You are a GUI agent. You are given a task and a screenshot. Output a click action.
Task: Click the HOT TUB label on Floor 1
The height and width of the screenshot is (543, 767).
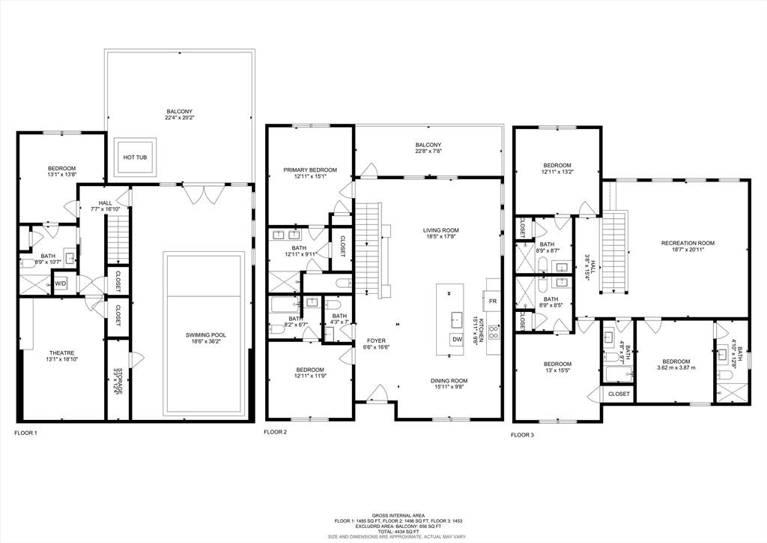pyautogui.click(x=135, y=157)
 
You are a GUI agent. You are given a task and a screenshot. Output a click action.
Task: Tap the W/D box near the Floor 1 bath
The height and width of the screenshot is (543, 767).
pyautogui.click(x=61, y=284)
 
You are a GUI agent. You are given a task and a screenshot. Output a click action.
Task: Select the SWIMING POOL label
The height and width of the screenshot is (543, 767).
pyautogui.click(x=206, y=335)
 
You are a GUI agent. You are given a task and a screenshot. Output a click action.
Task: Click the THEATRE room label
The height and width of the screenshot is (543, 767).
pyautogui.click(x=61, y=352)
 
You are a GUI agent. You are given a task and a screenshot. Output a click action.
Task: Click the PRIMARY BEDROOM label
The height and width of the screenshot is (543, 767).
pyautogui.click(x=310, y=170)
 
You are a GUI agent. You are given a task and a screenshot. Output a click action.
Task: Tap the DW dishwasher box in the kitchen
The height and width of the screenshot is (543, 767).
pyautogui.click(x=456, y=340)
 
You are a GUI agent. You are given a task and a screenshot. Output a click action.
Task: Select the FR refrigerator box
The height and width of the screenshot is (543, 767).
pyautogui.click(x=493, y=301)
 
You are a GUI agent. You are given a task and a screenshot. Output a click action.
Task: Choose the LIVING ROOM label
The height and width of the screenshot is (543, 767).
pyautogui.click(x=440, y=230)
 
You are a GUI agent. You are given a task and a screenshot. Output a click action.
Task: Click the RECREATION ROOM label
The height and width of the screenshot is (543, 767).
pyautogui.click(x=688, y=242)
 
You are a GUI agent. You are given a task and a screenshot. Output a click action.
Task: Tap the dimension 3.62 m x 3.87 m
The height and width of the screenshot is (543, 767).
pyautogui.click(x=676, y=367)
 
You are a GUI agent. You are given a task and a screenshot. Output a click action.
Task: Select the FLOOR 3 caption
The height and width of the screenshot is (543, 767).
pyautogui.click(x=524, y=434)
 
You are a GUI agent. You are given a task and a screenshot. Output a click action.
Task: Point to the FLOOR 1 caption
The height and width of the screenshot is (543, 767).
pyautogui.click(x=25, y=433)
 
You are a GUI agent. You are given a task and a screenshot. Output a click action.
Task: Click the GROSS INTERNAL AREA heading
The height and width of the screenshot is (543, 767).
pyautogui.click(x=383, y=515)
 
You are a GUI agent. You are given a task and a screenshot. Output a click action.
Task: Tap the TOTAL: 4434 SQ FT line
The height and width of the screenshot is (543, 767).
pyautogui.click(x=383, y=531)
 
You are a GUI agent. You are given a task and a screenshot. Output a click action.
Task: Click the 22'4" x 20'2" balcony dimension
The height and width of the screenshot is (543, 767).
pyautogui.click(x=180, y=117)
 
